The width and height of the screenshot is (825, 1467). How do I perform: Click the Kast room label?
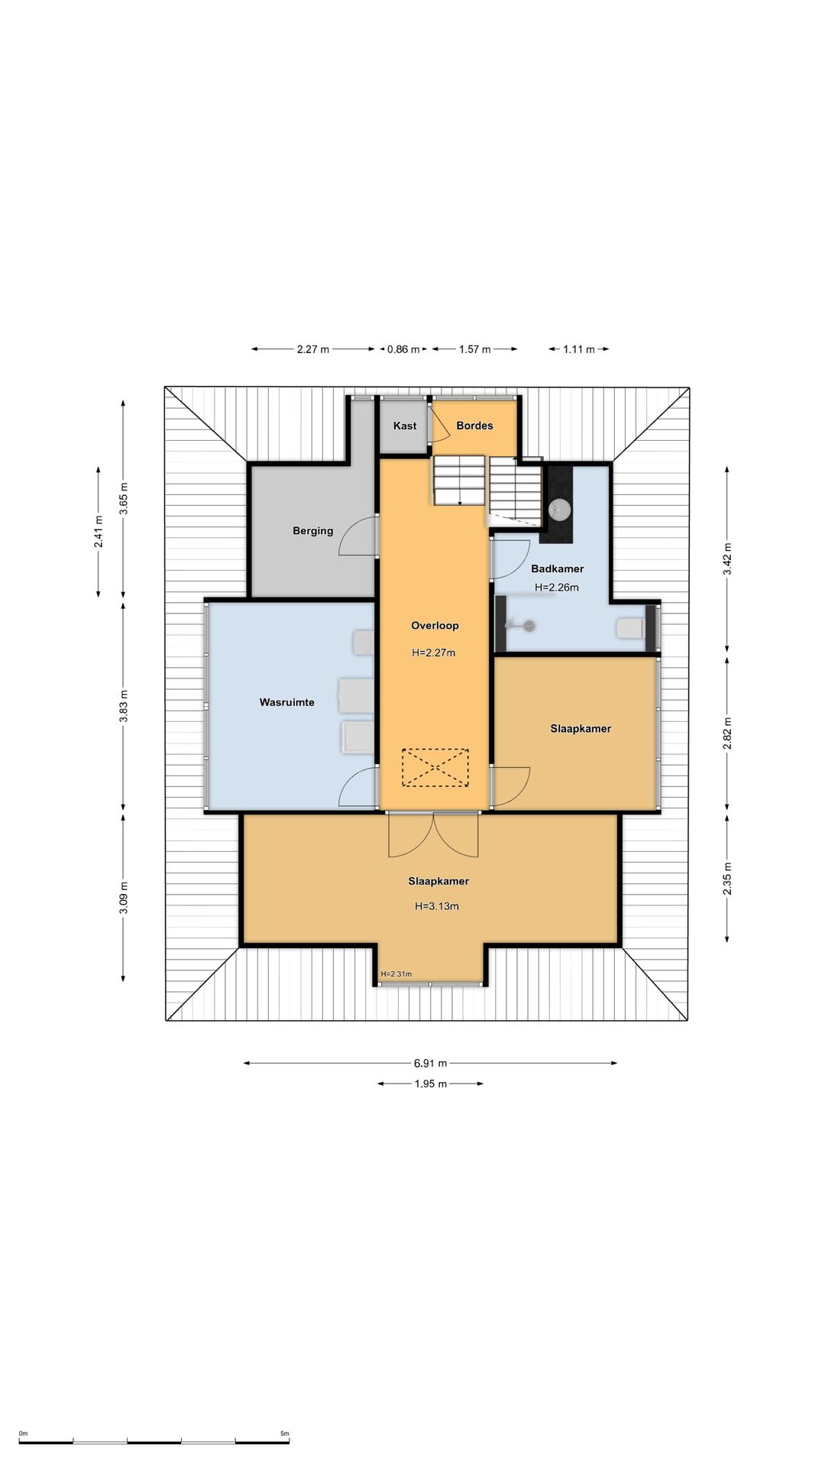click(x=405, y=426)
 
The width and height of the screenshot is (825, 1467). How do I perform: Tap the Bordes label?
click(x=474, y=426)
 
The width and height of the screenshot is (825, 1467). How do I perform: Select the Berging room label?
click(x=312, y=531)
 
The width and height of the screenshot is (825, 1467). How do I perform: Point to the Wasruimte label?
click(x=286, y=702)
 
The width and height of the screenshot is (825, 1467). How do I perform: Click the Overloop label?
click(x=435, y=626)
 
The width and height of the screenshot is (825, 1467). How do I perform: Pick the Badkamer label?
click(x=557, y=568)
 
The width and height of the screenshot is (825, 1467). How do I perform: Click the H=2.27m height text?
click(x=433, y=653)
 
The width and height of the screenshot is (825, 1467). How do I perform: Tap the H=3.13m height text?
click(x=437, y=906)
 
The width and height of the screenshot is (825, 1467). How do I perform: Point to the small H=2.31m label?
click(x=396, y=974)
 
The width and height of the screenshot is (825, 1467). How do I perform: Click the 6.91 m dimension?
click(x=430, y=1063)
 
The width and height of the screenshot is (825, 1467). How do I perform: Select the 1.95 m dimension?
click(x=430, y=1083)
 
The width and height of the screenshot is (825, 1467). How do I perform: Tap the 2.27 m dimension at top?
click(x=313, y=349)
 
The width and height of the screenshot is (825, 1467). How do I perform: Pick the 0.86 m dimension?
click(x=403, y=349)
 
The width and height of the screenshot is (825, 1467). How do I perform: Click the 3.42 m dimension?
click(x=727, y=559)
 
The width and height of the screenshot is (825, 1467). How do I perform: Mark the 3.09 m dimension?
click(x=124, y=898)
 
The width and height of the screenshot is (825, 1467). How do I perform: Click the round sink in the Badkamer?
click(x=560, y=509)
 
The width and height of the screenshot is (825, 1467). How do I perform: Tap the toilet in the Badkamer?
click(x=630, y=629)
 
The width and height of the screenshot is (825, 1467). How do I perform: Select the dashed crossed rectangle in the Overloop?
click(x=435, y=768)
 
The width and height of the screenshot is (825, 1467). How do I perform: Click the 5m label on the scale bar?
click(x=284, y=1433)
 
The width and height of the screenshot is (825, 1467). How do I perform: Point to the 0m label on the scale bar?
click(x=23, y=1433)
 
